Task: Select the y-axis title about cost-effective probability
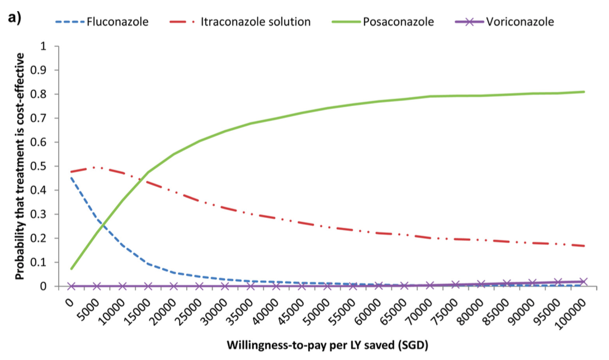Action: [20, 166]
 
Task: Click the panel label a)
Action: [14, 17]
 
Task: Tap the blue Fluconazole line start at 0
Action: [71, 178]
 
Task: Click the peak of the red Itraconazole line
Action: [97, 167]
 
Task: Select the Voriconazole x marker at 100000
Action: [584, 281]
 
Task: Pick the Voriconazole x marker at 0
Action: [71, 286]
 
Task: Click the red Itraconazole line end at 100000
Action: [584, 246]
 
